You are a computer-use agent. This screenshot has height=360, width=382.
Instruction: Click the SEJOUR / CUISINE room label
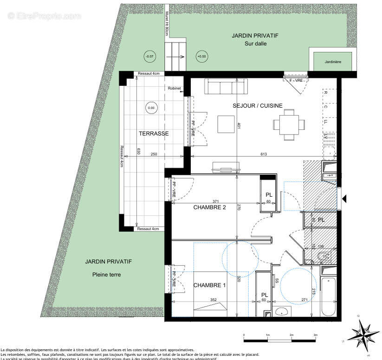coord(257,106)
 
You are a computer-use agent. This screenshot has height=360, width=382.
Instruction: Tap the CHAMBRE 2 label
coord(209,207)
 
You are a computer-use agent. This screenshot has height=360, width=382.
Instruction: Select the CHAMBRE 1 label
coord(209,285)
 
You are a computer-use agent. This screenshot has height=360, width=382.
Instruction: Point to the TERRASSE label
coord(153,134)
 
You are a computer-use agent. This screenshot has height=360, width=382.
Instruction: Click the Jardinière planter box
coord(334,61)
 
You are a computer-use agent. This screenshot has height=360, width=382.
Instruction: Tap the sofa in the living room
coord(227,87)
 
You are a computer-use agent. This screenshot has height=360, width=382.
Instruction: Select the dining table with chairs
coord(289,124)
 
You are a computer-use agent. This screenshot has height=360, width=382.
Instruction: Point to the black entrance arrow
coord(344,199)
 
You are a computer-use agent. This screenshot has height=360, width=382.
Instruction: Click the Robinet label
coord(175,88)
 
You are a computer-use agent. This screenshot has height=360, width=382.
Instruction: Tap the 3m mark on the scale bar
coord(315,335)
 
